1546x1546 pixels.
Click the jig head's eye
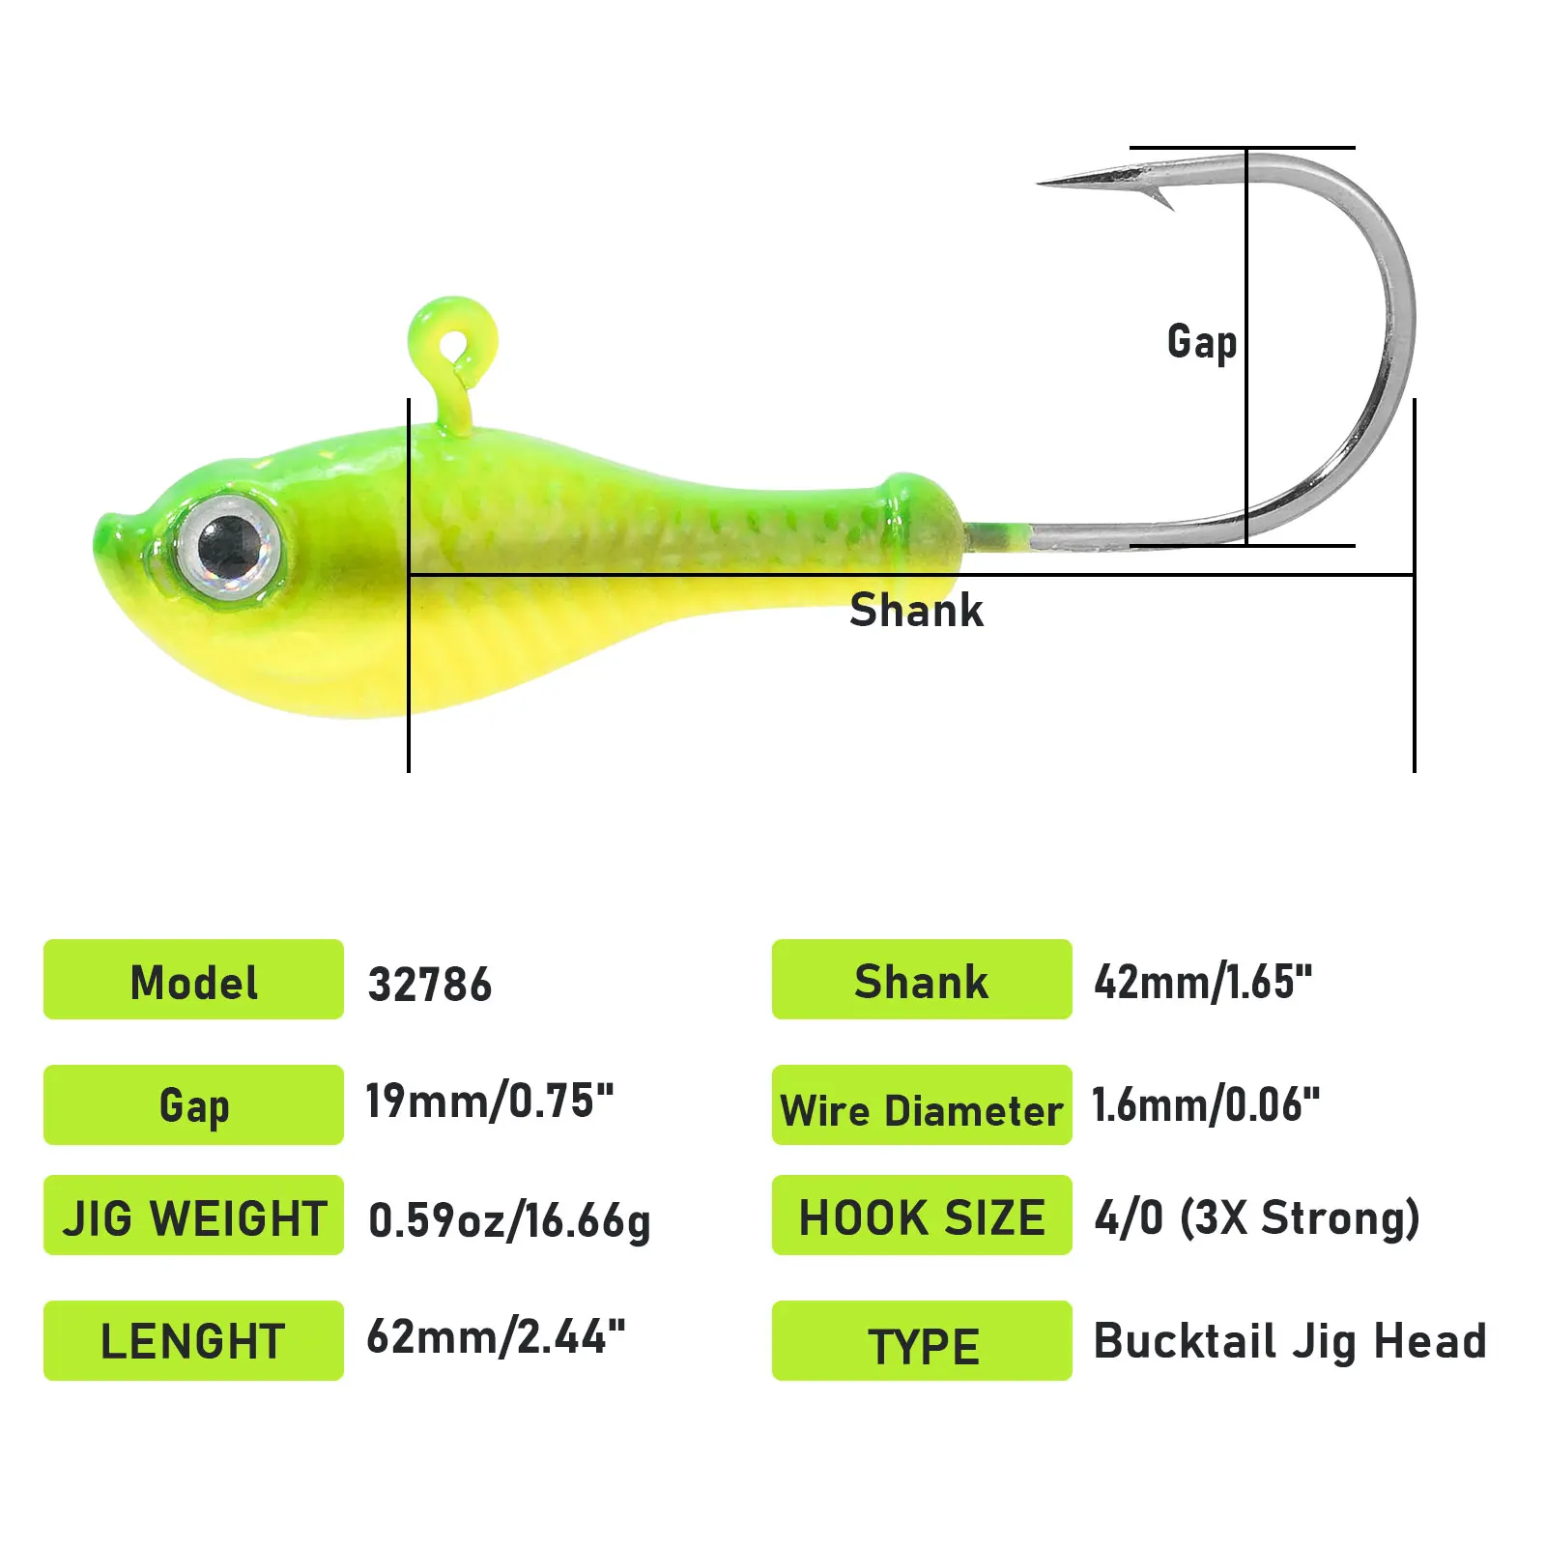229,547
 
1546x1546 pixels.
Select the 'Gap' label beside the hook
1201,342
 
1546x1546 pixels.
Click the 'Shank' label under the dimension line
916,611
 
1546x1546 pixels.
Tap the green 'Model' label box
193,980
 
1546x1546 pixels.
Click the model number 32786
430,985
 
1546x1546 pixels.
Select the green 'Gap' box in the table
193,1104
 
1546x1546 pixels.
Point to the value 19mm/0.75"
489,1102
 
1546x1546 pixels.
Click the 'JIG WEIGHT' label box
193,1216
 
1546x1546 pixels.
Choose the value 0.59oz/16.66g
509,1220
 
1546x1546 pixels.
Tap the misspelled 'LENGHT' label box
193,1340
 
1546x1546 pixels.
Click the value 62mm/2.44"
496,1338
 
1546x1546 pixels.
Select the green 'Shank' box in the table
922,980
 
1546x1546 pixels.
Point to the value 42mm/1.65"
1203,982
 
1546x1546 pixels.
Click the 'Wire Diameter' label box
922,1105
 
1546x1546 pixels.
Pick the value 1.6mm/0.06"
1205,1104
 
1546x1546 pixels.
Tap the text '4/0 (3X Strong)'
1256,1217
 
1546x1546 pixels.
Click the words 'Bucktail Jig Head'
1290,1341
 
